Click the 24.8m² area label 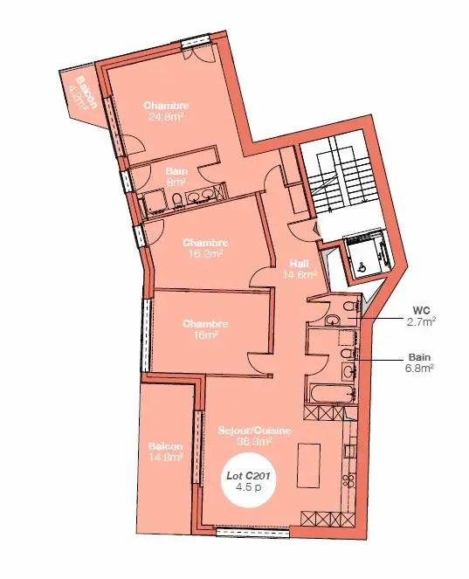pos(166,116)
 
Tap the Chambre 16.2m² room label pos(205,249)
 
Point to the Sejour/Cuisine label pos(254,431)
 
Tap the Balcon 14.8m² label pos(166,451)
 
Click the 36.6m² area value pos(254,442)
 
